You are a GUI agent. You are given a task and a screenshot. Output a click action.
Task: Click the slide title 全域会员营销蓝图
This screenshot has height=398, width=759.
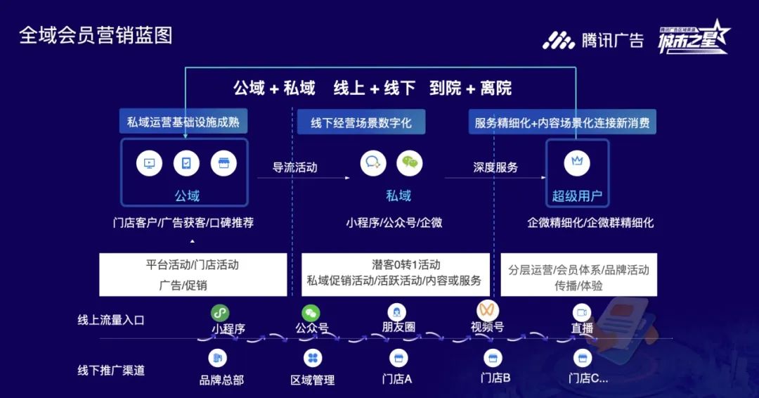(x=96, y=35)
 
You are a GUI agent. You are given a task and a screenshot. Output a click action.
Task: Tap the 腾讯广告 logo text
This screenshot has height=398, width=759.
(x=612, y=39)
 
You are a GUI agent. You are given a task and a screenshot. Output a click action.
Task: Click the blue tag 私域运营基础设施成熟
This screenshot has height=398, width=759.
(x=183, y=122)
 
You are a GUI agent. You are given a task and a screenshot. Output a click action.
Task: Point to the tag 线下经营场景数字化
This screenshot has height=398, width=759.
(x=361, y=122)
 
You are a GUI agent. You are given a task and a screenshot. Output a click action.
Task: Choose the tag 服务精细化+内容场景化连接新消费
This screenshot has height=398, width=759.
(x=562, y=122)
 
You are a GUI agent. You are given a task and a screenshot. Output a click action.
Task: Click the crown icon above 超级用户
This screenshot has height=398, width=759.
(x=577, y=162)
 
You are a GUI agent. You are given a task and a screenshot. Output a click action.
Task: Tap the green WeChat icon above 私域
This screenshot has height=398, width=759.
(x=410, y=163)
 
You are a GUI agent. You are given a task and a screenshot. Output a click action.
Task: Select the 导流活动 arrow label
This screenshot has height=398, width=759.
(x=294, y=167)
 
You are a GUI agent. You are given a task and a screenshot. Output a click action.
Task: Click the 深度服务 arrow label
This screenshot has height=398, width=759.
(x=495, y=167)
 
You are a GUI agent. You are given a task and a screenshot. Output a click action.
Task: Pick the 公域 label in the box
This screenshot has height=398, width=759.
(x=187, y=195)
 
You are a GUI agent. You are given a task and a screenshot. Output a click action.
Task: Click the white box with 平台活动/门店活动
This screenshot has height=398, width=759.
(x=193, y=275)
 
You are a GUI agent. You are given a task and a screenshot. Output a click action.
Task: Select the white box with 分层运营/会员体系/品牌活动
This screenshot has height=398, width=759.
(x=578, y=275)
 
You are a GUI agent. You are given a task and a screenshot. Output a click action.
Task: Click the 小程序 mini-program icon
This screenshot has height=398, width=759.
(x=221, y=312)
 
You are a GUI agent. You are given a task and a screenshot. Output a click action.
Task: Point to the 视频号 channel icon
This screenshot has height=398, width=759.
(x=487, y=310)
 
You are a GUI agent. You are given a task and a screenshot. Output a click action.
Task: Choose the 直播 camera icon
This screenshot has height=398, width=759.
(x=581, y=312)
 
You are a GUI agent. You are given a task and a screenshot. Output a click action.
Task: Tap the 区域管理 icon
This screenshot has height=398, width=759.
(x=313, y=358)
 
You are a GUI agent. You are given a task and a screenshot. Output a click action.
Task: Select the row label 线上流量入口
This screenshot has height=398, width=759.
(x=111, y=320)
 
